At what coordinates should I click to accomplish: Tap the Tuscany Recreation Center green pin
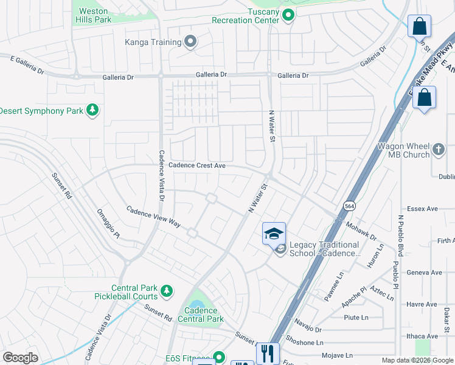[289, 15]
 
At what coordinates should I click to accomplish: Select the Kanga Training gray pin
[190, 42]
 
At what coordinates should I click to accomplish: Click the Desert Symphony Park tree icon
[92, 110]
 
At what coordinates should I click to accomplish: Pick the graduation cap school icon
[274, 234]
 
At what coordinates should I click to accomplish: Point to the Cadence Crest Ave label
[197, 165]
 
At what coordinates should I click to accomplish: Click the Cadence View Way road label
[153, 217]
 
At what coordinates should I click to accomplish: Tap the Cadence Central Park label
[200, 315]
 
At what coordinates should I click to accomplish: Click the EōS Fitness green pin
[219, 357]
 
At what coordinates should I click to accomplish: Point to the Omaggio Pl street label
[109, 223]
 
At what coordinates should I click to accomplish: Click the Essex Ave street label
[423, 209]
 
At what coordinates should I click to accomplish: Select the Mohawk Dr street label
[364, 231]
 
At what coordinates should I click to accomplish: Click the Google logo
[20, 358]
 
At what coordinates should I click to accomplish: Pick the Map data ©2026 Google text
[417, 360]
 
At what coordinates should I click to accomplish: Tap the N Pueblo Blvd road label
[400, 235]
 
